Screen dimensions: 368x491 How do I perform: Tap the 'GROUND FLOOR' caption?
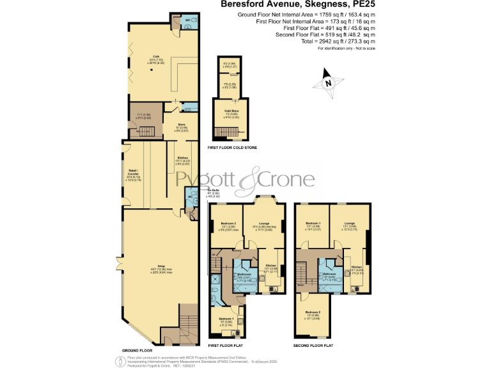pos(136,350)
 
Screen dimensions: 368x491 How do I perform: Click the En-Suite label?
pos(214,190)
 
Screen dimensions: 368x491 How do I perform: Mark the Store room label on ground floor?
pos(181,125)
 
